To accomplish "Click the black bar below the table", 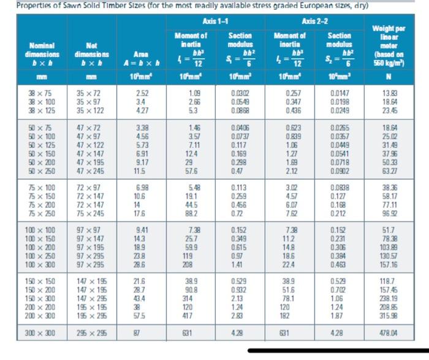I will (x=337, y=353).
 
